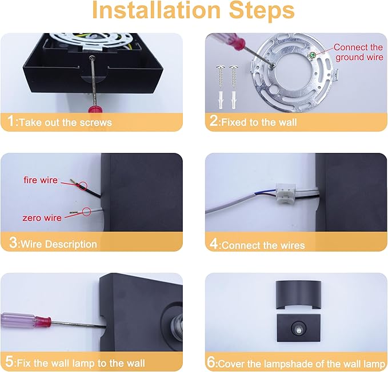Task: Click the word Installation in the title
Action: click(156, 10)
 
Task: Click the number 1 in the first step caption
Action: click(11, 121)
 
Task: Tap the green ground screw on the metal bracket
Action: click(312, 55)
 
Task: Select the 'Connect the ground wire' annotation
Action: click(358, 52)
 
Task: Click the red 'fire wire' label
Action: click(41, 180)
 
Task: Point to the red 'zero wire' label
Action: click(42, 218)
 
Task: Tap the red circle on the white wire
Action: click(86, 212)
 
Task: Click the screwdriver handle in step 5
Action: click(26, 321)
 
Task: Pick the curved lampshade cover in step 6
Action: click(298, 294)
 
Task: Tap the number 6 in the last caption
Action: click(211, 362)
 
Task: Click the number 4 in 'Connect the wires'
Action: click(214, 244)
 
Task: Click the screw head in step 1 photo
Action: click(92, 58)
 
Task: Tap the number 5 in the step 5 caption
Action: click(9, 362)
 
